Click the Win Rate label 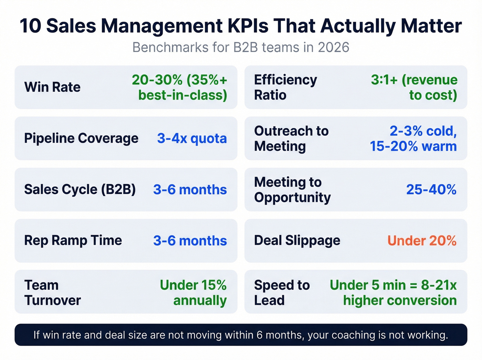coord(52,87)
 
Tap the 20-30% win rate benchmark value coord(179,87)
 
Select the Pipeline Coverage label coord(81,138)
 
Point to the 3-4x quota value coord(192,138)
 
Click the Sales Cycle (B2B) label coord(80,189)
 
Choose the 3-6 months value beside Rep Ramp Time coord(190,240)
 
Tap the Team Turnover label coord(52,292)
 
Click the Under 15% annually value coord(193,292)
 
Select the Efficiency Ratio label coord(285,87)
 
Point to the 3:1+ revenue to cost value coord(414,87)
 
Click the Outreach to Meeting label coord(291,138)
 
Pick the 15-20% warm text coord(413,146)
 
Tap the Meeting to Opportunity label coord(292,189)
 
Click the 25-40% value coord(431,189)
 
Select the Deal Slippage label coord(297,240)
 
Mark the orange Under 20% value coord(422,240)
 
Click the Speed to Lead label coord(282,292)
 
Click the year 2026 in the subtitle coord(333,47)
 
